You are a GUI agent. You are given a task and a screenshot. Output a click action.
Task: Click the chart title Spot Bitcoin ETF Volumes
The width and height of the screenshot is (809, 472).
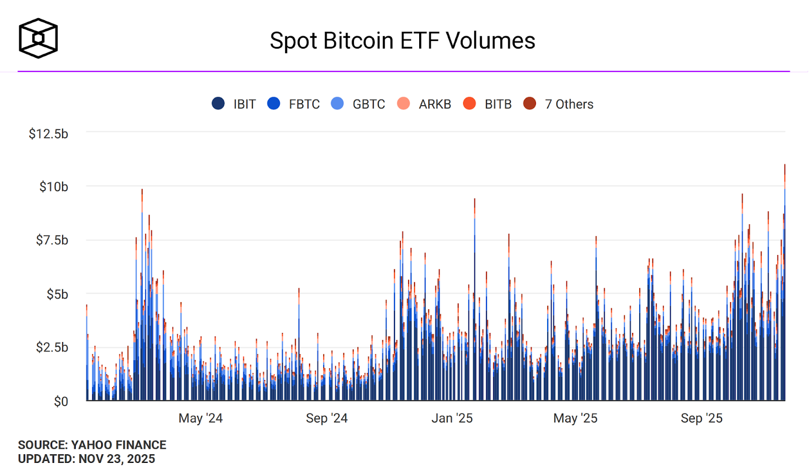pyautogui.click(x=402, y=40)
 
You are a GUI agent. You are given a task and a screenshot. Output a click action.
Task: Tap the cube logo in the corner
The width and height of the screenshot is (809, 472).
pyautogui.click(x=38, y=38)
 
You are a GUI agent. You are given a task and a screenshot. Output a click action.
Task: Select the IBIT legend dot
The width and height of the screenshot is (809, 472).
pyautogui.click(x=218, y=104)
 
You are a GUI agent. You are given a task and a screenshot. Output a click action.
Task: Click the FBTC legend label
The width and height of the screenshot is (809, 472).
pyautogui.click(x=304, y=104)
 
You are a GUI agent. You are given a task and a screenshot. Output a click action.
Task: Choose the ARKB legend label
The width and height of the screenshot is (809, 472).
pyautogui.click(x=434, y=104)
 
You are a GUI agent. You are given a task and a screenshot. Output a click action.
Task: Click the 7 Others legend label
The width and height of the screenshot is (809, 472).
pyautogui.click(x=569, y=104)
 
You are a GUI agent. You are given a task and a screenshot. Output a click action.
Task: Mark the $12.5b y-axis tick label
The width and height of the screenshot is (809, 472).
pyautogui.click(x=48, y=134)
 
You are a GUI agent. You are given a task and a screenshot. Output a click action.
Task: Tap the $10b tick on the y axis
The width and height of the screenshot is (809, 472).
pyautogui.click(x=54, y=187)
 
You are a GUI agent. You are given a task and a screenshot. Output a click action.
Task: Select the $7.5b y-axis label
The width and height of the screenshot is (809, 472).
pyautogui.click(x=52, y=240)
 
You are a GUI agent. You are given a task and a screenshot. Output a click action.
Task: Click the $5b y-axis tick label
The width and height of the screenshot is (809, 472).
pyautogui.click(x=57, y=294)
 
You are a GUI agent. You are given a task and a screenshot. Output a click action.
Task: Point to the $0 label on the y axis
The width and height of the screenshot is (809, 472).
pyautogui.click(x=61, y=401)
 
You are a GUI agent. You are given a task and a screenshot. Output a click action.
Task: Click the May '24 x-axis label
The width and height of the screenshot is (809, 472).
pyautogui.click(x=200, y=418)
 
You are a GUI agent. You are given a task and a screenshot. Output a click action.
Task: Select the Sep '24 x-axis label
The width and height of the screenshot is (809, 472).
pyautogui.click(x=327, y=418)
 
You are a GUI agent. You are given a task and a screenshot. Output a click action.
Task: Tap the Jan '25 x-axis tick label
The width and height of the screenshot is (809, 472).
pyautogui.click(x=452, y=418)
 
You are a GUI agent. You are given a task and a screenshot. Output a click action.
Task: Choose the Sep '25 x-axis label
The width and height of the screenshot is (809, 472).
pyautogui.click(x=701, y=418)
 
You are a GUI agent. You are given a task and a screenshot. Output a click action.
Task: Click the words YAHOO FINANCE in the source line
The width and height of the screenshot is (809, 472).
pyautogui.click(x=119, y=445)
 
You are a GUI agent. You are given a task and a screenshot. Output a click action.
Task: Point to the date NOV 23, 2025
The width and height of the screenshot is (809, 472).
pyautogui.click(x=117, y=459)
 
